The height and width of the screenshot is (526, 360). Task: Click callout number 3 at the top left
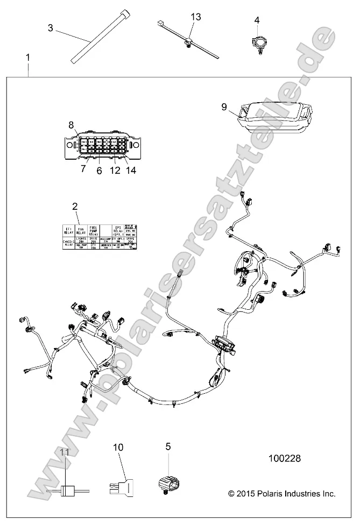(51, 28)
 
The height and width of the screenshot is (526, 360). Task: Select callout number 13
(195, 17)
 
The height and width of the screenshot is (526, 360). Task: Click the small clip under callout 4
(257, 43)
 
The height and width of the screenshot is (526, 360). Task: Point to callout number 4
(257, 20)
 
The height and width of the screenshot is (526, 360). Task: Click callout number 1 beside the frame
(27, 56)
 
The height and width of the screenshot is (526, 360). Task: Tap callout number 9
(224, 106)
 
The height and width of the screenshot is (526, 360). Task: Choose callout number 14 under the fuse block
(131, 170)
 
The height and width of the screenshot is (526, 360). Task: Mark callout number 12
(114, 170)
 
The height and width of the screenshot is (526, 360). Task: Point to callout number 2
(75, 206)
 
